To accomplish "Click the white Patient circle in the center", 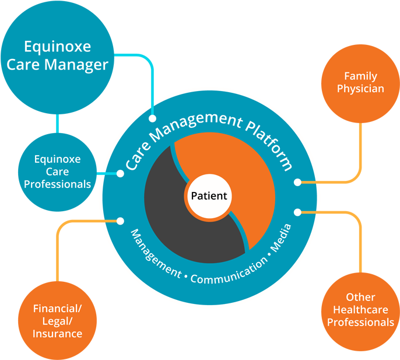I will click(208, 196).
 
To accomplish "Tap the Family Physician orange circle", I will click(360, 82).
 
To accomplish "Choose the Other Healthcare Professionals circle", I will click(360, 310).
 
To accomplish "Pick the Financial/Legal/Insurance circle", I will click(57, 321).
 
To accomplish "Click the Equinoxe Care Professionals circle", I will click(57, 171).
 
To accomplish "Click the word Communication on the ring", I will click(228, 273).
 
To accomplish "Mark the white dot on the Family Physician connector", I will click(297, 182).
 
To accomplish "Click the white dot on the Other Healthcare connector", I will click(297, 211).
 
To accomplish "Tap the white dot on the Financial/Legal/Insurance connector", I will click(121, 221).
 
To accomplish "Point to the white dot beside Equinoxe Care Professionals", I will click(121, 173).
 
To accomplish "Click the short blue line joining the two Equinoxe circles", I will click(57, 124).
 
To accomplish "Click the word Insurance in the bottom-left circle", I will click(57, 334).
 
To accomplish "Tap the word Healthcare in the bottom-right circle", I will click(360, 310).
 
